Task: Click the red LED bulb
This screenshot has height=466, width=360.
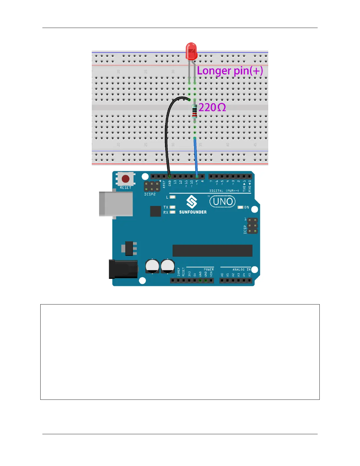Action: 191,51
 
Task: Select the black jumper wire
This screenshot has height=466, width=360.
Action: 166,132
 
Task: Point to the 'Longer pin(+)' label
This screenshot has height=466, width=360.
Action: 230,71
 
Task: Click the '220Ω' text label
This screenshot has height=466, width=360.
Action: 212,108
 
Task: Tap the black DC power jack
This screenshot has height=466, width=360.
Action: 123,269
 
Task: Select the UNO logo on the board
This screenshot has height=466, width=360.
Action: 223,202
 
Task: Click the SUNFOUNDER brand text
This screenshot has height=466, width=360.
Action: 193,212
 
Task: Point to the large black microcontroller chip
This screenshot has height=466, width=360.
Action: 212,251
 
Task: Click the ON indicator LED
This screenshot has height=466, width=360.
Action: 240,207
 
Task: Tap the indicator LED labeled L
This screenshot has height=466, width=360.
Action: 173,197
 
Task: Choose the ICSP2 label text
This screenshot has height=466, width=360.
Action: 150,194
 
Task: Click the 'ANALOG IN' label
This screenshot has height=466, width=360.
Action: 241,269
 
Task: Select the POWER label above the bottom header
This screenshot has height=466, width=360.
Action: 209,269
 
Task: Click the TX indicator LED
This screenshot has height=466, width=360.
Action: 173,207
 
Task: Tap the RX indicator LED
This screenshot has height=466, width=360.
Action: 173,212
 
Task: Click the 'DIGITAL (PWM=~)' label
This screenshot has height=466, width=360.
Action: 224,191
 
